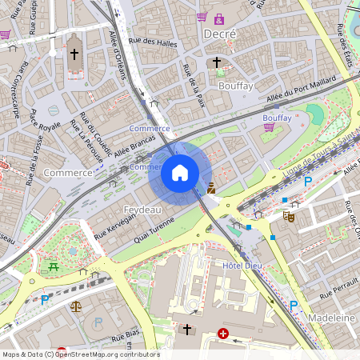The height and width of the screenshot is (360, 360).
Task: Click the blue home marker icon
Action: click(180, 173)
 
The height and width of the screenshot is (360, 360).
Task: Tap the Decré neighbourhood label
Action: click(220, 34)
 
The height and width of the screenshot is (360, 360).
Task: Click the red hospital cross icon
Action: click(222, 333)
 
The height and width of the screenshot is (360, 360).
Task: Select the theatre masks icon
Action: click(288, 215)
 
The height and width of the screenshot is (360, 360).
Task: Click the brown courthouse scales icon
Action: click(75, 306)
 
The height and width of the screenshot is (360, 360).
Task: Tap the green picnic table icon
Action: click(53, 266)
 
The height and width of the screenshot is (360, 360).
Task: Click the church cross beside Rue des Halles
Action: click(75, 54)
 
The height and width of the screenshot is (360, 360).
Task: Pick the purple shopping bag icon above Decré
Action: click(218, 18)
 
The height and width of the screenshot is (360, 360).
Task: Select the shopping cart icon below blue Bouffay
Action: click(269, 126)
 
